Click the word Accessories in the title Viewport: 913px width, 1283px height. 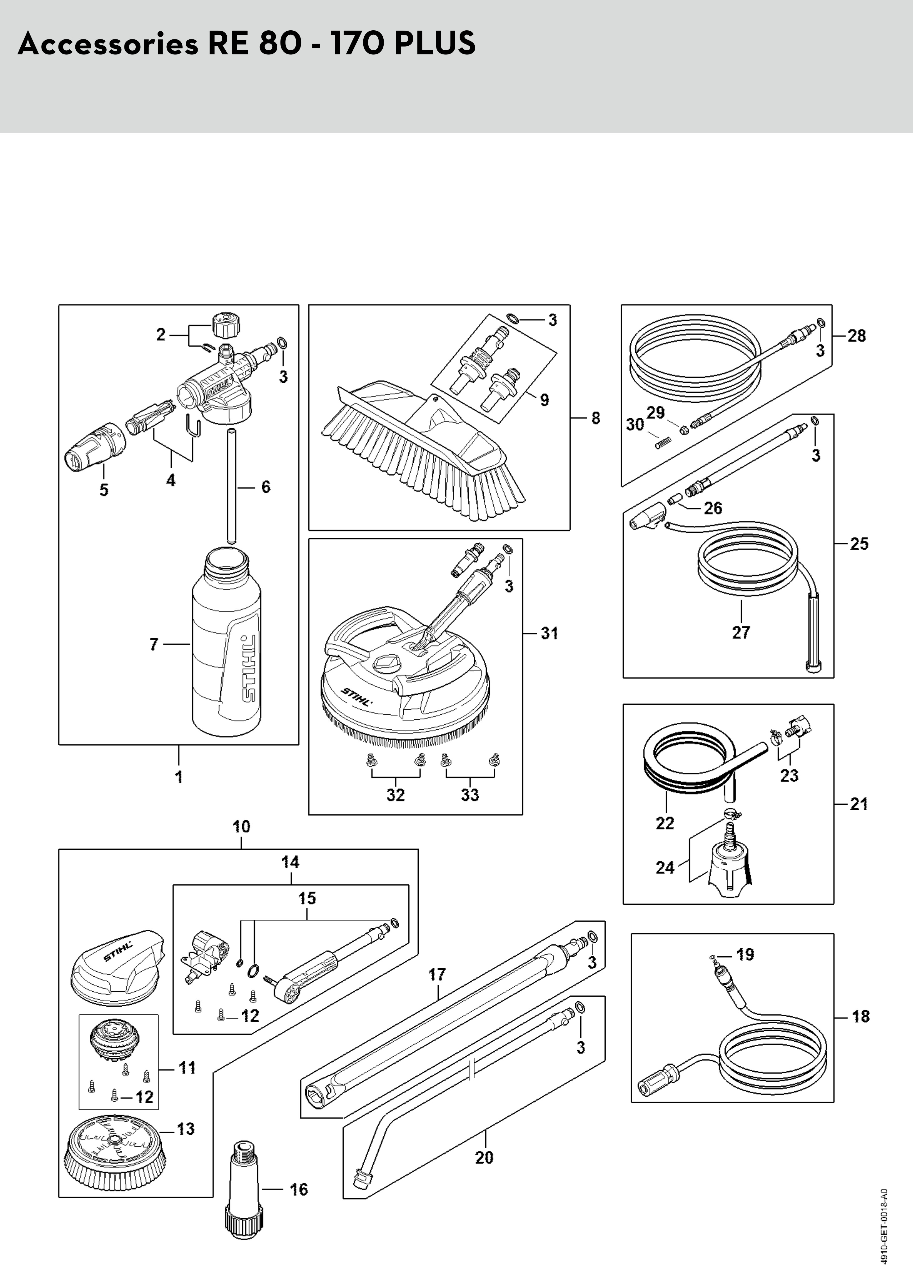[108, 43]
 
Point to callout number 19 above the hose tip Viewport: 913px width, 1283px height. [745, 954]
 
